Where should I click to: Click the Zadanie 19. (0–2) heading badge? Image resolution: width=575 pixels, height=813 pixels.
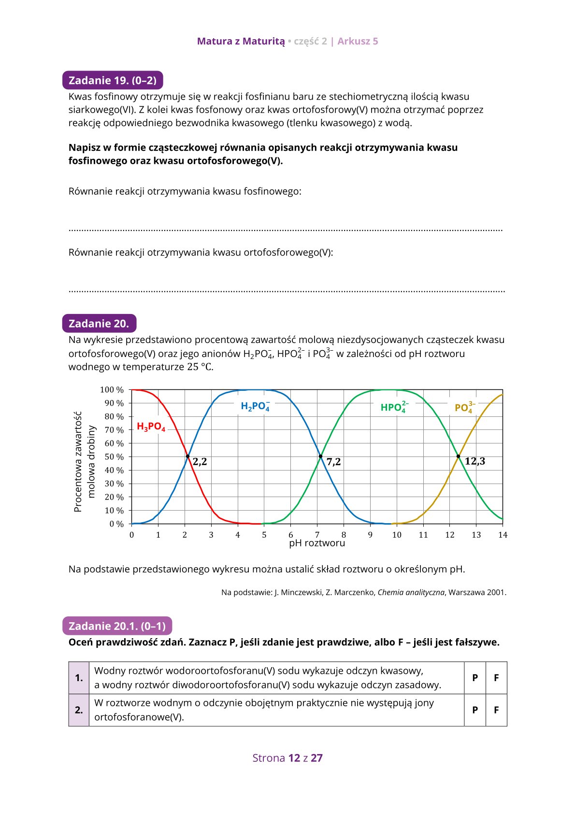point(113,80)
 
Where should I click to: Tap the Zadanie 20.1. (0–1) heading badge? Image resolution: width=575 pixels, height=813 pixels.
point(117,626)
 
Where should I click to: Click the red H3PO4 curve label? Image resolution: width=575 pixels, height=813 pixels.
point(151,427)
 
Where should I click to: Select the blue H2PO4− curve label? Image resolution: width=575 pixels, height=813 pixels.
point(255,406)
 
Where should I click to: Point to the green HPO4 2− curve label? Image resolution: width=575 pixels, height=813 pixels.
point(394,407)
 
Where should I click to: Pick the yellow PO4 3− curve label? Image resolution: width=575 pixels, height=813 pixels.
point(464,408)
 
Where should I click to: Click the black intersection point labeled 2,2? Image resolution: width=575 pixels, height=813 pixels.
point(188,456)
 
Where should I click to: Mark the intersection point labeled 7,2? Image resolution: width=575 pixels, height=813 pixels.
point(320,456)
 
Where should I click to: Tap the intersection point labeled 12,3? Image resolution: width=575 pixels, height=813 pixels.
point(459,456)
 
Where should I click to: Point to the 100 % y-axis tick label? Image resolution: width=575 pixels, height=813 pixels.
point(112,390)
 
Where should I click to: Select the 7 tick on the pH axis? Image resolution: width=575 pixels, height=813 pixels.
point(317,535)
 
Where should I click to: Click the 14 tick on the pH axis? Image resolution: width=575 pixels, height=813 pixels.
point(503,535)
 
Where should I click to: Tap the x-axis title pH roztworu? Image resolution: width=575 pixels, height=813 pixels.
point(317,543)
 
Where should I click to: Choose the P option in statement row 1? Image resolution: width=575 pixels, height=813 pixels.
point(475,678)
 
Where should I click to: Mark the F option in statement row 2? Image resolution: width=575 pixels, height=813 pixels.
point(496,710)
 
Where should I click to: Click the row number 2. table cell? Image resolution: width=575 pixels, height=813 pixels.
point(79,710)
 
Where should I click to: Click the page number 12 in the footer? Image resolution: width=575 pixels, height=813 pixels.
point(294,758)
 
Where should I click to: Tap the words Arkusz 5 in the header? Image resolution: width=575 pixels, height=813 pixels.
point(358,42)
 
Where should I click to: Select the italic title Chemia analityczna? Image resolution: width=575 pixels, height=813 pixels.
point(411,592)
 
